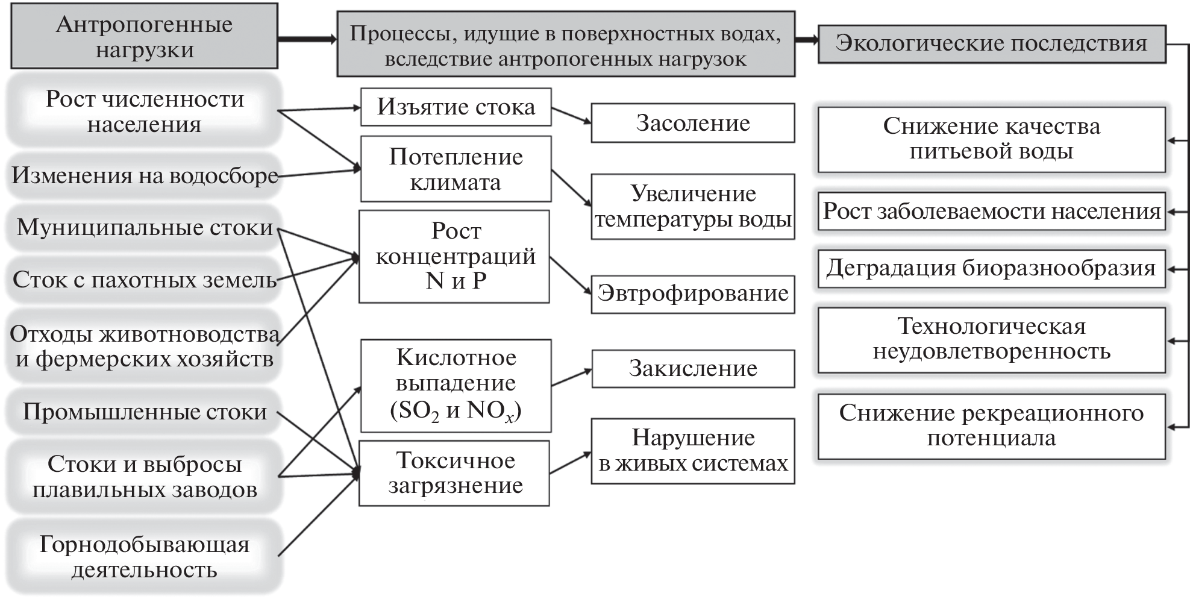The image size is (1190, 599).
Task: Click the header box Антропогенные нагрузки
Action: (x=144, y=36)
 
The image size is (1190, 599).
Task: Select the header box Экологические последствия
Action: (x=991, y=43)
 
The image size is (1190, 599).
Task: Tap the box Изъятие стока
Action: (x=456, y=107)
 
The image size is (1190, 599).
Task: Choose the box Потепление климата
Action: (x=456, y=169)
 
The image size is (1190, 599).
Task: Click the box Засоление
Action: (x=693, y=123)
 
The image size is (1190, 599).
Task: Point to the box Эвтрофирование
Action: (x=693, y=294)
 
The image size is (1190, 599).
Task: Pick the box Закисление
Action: (x=693, y=368)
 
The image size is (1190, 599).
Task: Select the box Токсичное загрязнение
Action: (x=454, y=473)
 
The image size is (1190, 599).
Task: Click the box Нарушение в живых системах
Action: (x=693, y=451)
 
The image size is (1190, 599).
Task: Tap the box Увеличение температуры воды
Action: (x=693, y=207)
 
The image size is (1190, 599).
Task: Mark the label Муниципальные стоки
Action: (x=145, y=228)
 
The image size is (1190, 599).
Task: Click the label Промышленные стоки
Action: (x=145, y=412)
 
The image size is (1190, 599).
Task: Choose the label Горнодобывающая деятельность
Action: (x=145, y=557)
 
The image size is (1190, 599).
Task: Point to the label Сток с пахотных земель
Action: (x=145, y=280)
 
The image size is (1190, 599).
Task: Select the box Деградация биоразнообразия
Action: (x=991, y=268)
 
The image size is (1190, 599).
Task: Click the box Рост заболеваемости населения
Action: (x=991, y=212)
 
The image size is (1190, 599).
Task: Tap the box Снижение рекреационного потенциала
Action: (x=991, y=425)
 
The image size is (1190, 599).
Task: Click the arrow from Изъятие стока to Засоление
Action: (x=571, y=116)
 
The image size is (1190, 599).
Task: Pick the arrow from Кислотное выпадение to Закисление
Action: (x=571, y=377)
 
